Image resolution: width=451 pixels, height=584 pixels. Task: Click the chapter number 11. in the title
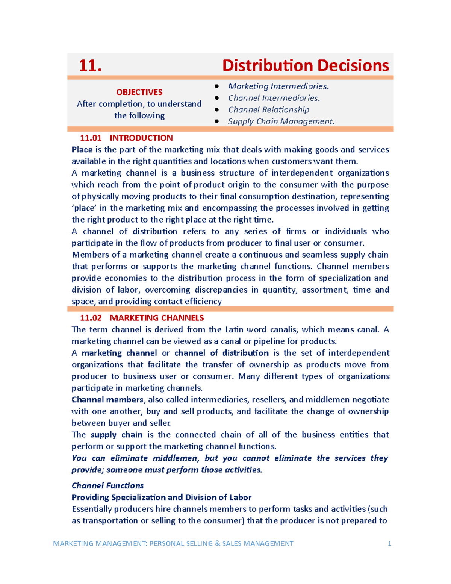(90, 66)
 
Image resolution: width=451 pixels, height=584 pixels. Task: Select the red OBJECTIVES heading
(139, 92)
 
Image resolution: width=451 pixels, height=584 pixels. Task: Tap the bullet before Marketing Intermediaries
(216, 86)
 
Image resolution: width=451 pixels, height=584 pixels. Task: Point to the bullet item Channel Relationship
(268, 110)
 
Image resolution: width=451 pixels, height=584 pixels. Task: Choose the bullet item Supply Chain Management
(281, 121)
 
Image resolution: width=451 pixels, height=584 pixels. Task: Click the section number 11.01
(91, 138)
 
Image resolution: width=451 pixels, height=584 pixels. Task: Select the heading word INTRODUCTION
(141, 138)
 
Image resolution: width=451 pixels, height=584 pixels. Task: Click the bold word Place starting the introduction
(82, 150)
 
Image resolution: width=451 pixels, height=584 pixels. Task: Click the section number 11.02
(91, 318)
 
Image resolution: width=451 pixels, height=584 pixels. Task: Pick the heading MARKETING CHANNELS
(157, 318)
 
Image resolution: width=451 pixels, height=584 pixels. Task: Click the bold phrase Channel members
(107, 400)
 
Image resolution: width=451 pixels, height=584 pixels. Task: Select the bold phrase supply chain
(117, 435)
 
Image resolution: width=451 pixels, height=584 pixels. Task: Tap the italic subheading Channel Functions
(107, 485)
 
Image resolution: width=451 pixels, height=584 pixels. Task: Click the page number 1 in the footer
(389, 543)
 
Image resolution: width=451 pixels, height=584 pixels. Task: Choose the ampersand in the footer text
(218, 543)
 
